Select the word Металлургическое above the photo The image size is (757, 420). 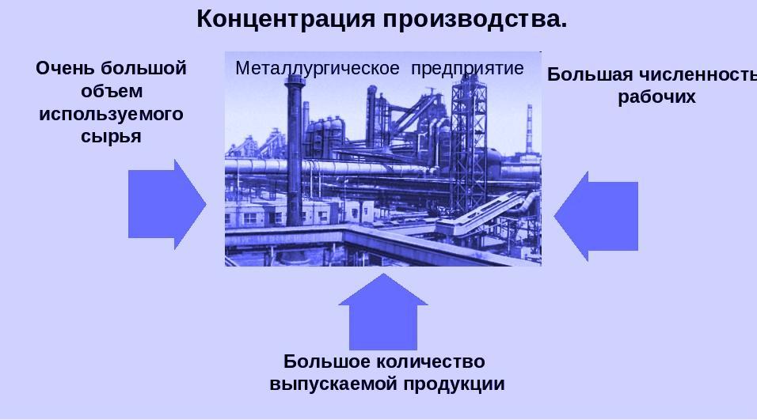(317, 68)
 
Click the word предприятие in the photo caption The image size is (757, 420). (467, 68)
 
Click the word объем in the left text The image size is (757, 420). (111, 91)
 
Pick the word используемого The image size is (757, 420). (111, 114)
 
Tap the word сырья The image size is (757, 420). (111, 137)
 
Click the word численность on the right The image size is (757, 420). (698, 75)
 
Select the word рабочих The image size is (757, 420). (656, 97)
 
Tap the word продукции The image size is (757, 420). (455, 384)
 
